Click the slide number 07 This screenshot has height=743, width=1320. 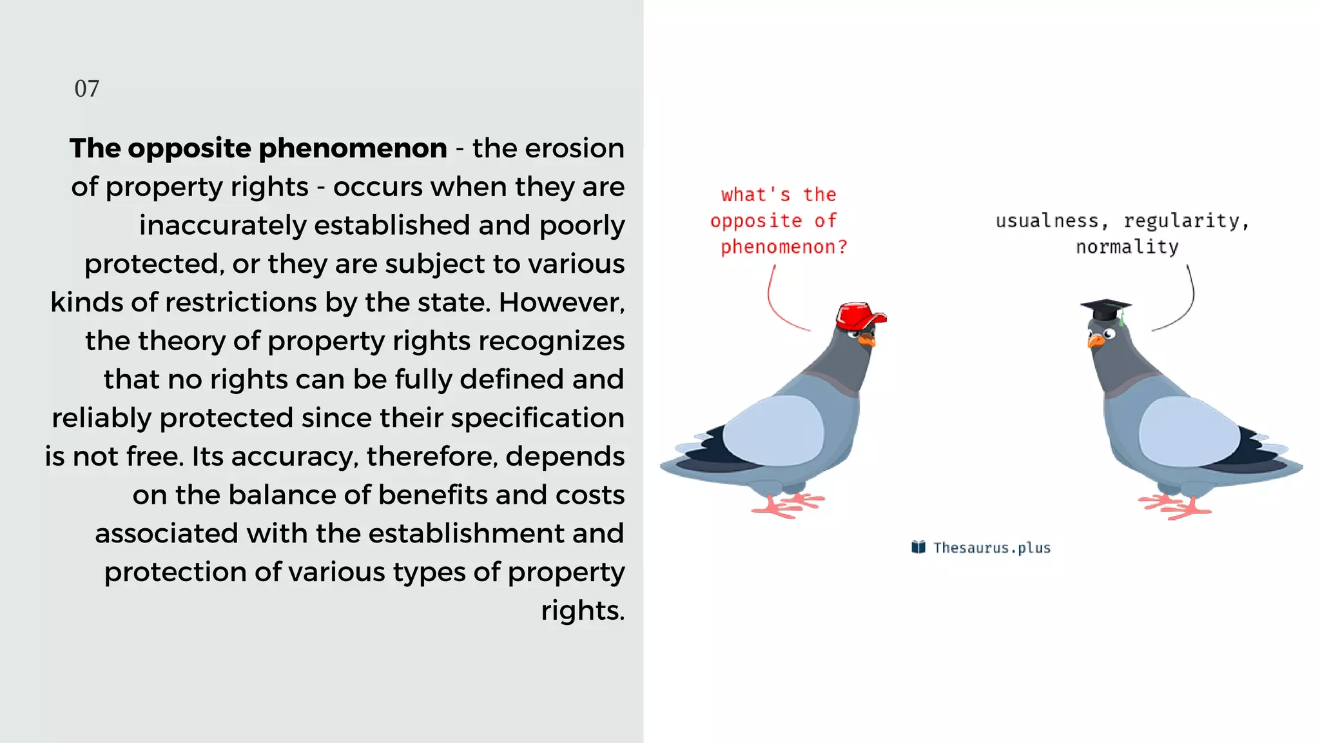click(87, 88)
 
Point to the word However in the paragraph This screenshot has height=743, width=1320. click(561, 302)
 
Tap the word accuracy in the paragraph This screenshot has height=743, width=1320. click(293, 457)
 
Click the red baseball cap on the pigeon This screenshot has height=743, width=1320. click(859, 315)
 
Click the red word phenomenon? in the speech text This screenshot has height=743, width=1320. click(784, 247)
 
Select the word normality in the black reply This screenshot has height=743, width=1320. click(1127, 247)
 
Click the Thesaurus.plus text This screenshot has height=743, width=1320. click(992, 548)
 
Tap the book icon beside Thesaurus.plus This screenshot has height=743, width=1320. click(918, 547)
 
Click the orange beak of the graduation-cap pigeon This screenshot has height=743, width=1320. click(1094, 341)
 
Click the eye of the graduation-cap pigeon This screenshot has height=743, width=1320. click(1109, 333)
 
